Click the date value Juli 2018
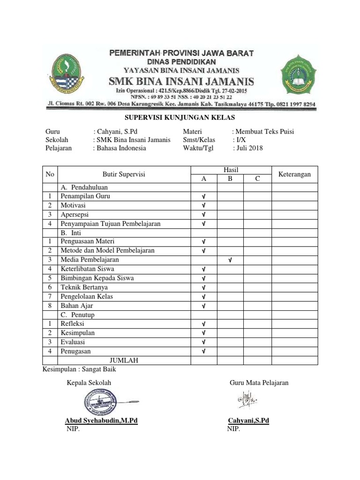(x=250, y=148)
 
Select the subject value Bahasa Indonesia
(x=121, y=148)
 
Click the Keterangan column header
(x=295, y=174)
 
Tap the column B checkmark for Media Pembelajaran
(x=230, y=260)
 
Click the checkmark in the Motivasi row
(x=203, y=205)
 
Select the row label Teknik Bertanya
(x=84, y=287)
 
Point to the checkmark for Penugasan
(x=203, y=351)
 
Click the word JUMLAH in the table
(x=124, y=360)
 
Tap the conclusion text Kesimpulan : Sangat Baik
(x=79, y=369)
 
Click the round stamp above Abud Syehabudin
(x=100, y=401)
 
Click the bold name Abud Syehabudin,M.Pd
(x=101, y=421)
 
